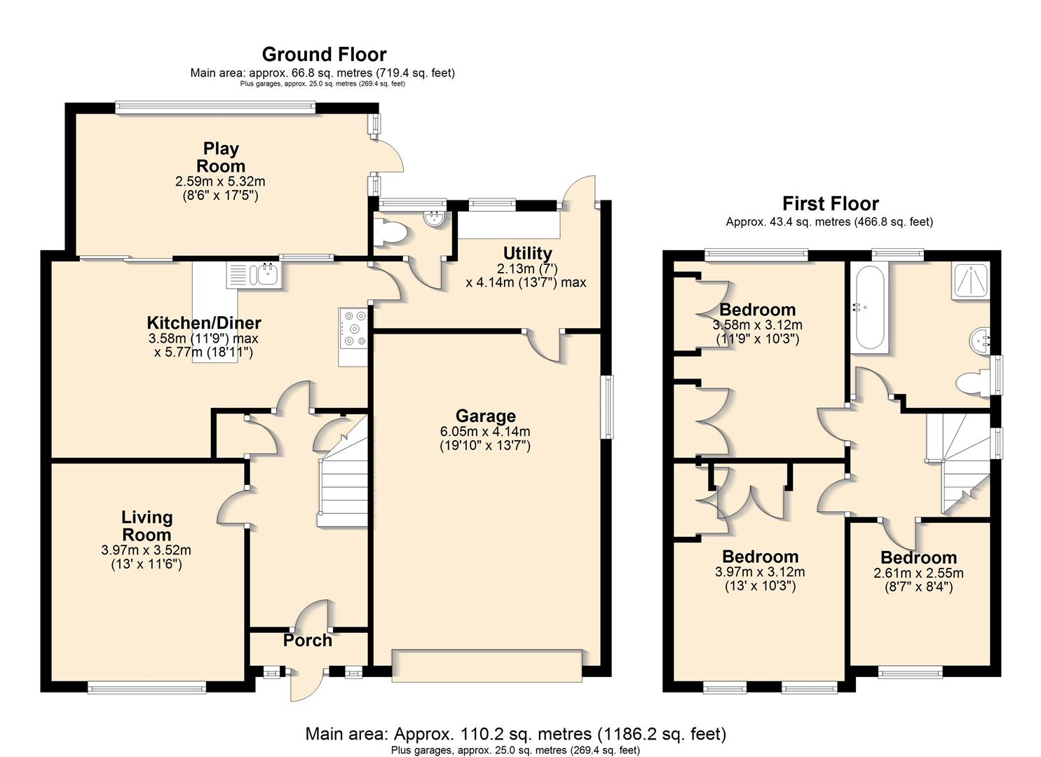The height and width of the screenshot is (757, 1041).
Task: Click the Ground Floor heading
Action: (324, 55)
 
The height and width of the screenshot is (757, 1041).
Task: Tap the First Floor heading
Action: (831, 203)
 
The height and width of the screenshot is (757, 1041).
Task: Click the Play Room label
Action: (221, 157)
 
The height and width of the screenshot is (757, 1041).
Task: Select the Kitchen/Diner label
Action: (204, 322)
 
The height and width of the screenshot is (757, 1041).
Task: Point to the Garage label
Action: (486, 416)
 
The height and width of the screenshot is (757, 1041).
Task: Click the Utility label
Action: (527, 253)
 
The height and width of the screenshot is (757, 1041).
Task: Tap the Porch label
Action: (308, 641)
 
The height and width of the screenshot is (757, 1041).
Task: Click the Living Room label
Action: (147, 526)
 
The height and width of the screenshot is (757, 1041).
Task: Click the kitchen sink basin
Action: (267, 275)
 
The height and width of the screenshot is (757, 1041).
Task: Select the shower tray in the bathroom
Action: (970, 280)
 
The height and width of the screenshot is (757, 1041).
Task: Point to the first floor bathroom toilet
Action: (972, 383)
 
